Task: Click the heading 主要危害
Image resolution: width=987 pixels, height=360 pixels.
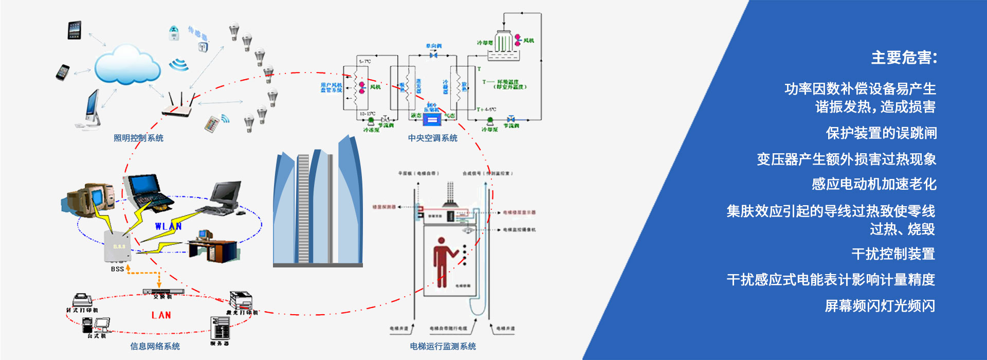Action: point(904,58)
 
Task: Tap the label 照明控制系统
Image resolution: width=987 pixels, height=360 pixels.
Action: point(138,138)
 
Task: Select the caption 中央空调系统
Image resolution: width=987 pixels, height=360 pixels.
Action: point(432,138)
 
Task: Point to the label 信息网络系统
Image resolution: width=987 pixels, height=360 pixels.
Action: point(155,346)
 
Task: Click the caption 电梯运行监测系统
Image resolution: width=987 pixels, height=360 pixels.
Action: point(443,346)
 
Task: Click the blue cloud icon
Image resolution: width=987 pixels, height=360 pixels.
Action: point(127,64)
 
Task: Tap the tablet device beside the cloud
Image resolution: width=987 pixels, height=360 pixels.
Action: point(75,30)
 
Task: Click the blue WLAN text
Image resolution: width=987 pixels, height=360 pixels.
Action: point(168,226)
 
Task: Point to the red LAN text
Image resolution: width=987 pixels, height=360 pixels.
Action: point(161,315)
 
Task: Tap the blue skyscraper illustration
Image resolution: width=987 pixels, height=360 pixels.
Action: point(318,203)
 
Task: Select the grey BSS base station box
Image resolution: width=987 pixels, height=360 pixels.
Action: point(118,247)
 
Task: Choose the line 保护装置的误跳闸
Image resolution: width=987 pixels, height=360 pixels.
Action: point(881,133)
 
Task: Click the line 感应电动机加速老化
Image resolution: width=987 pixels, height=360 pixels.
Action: point(874,184)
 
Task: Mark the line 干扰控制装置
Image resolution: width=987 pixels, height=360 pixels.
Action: point(893,254)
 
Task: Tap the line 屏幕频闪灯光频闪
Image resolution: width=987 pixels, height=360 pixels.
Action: point(880,306)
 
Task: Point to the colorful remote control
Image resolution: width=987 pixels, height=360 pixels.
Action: point(212,124)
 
